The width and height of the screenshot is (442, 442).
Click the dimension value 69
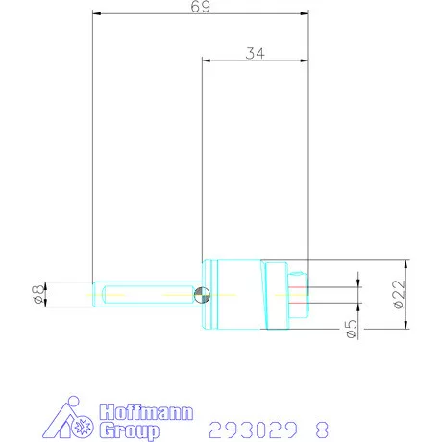click(200, 6)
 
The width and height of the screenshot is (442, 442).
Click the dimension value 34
click(254, 54)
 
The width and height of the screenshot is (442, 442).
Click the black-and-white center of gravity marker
click(201, 294)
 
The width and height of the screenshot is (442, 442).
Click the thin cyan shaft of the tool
click(144, 294)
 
